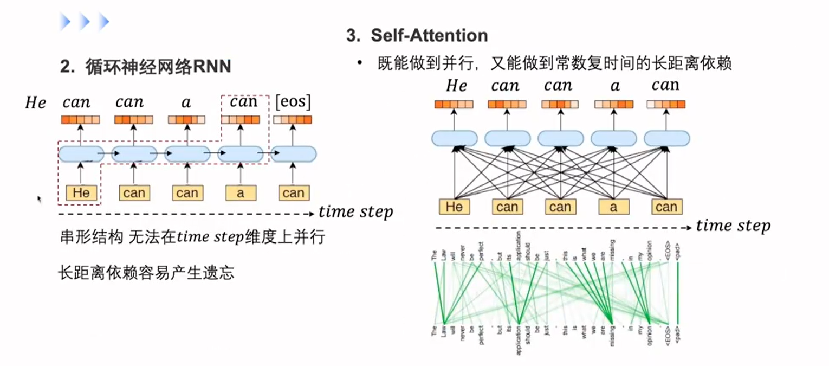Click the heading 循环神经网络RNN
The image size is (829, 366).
pyautogui.click(x=145, y=67)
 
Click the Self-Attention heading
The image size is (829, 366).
pyautogui.click(x=417, y=36)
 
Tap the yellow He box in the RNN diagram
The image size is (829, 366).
pyautogui.click(x=81, y=193)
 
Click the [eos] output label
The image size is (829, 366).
pyautogui.click(x=293, y=102)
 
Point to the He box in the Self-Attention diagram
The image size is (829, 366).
pyautogui.click(x=454, y=207)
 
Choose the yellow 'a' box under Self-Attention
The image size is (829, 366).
pyautogui.click(x=614, y=207)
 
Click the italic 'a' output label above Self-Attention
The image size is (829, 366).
pyautogui.click(x=614, y=86)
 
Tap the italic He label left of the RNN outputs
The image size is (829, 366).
pyautogui.click(x=36, y=103)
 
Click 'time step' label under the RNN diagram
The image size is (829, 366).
pyautogui.click(x=355, y=212)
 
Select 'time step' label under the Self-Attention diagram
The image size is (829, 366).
pyautogui.click(x=733, y=226)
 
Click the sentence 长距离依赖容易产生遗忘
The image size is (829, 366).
pyautogui.click(x=146, y=272)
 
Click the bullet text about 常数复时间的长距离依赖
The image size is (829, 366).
pyautogui.click(x=555, y=64)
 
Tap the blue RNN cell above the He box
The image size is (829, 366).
pyautogui.click(x=81, y=155)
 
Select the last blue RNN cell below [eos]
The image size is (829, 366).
pyautogui.click(x=293, y=155)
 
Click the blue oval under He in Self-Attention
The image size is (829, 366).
pyautogui.click(x=454, y=138)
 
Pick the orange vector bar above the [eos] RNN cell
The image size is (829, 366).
pyautogui.click(x=293, y=120)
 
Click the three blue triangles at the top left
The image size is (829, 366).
pyautogui.click(x=85, y=22)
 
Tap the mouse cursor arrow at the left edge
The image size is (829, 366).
pyautogui.click(x=39, y=200)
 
